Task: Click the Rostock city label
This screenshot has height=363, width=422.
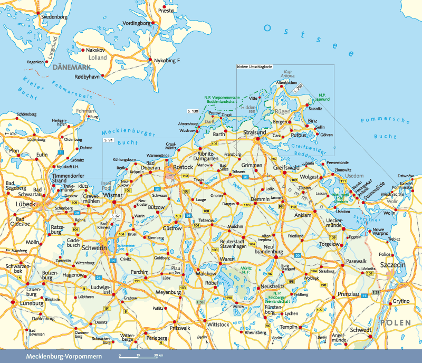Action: (x=183, y=168)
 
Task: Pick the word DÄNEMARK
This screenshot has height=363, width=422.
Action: (x=72, y=67)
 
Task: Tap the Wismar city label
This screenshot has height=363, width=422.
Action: (x=113, y=195)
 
